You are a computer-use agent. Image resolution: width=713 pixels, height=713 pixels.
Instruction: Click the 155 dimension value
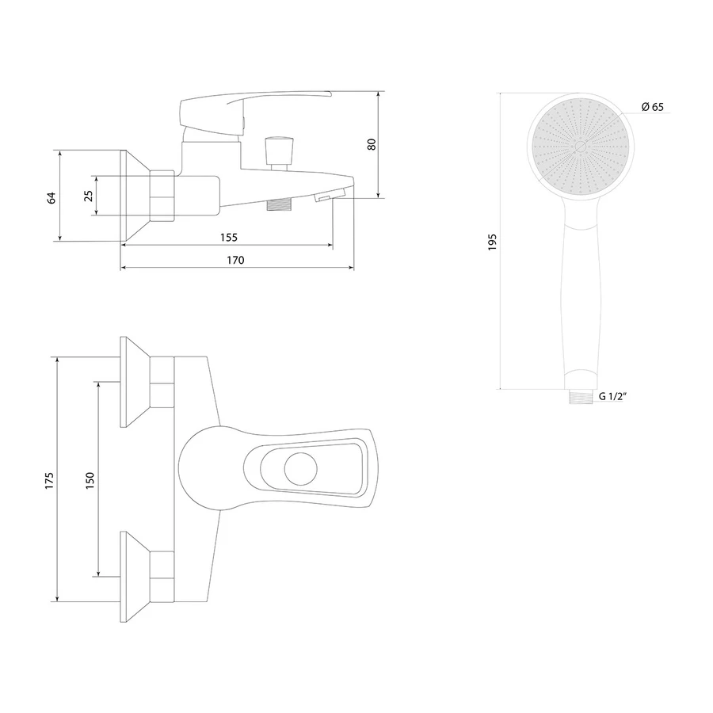pyautogui.click(x=229, y=238)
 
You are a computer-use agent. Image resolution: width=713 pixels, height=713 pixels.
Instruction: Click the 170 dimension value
pyautogui.click(x=235, y=260)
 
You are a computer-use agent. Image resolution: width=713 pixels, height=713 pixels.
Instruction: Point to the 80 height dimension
pyautogui.click(x=372, y=144)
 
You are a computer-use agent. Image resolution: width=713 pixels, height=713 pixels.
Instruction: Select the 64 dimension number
pyautogui.click(x=51, y=198)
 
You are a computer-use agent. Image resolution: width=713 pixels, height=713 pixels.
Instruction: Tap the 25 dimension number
pyautogui.click(x=89, y=196)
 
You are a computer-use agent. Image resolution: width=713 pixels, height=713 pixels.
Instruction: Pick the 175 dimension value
pyautogui.click(x=49, y=481)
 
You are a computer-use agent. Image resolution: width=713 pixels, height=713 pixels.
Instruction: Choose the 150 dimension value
pyautogui.click(x=90, y=481)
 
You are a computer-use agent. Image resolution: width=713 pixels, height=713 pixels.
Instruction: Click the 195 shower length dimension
pyautogui.click(x=492, y=242)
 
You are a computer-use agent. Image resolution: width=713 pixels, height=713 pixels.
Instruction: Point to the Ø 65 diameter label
pyautogui.click(x=653, y=107)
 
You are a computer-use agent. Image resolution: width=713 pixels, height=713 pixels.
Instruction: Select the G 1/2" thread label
pyautogui.click(x=612, y=396)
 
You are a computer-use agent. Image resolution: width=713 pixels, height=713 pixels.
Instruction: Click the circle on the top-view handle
pyautogui.click(x=300, y=469)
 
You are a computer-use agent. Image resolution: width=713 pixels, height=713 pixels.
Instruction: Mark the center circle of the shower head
pyautogui.click(x=581, y=147)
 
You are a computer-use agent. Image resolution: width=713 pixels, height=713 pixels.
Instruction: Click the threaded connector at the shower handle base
pyautogui.click(x=581, y=397)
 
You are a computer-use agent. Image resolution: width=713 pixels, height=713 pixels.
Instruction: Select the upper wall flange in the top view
pyautogui.click(x=135, y=382)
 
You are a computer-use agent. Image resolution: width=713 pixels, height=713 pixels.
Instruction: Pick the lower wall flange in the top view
pyautogui.click(x=135, y=577)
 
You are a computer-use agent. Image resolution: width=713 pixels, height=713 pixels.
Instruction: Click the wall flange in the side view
pyautogui.click(x=135, y=196)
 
